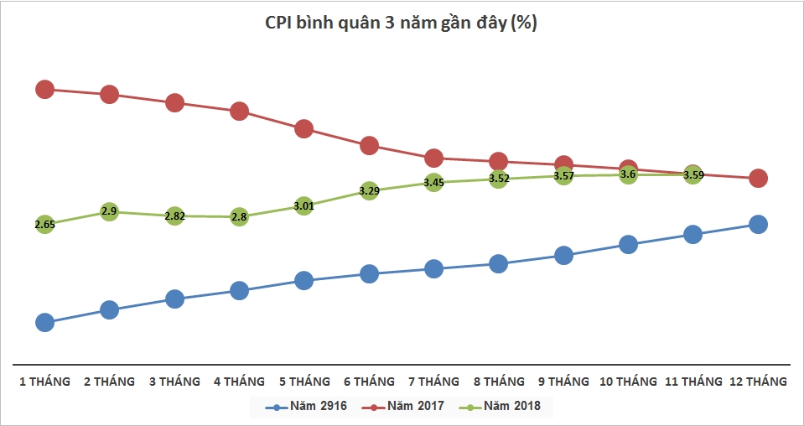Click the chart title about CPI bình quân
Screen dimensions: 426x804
(402, 24)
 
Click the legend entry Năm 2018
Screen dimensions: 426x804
(503, 407)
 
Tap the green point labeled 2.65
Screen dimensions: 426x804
(45, 224)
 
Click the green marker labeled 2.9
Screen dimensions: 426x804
(109, 211)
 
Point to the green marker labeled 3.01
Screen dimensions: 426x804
(303, 205)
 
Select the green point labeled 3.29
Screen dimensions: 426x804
(369, 190)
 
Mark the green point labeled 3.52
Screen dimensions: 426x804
(498, 178)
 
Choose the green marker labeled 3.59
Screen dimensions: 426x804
(692, 174)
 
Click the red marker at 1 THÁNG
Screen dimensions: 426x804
(45, 89)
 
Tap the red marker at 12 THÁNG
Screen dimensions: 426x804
(758, 178)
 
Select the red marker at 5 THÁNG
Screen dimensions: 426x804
(303, 128)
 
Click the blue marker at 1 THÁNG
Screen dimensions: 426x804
(45, 322)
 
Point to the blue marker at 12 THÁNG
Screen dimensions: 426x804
(758, 224)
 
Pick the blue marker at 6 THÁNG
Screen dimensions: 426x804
(369, 273)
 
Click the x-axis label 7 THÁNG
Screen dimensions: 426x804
(433, 382)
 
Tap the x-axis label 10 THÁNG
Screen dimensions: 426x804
(628, 382)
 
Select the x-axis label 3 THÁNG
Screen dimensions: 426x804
(174, 382)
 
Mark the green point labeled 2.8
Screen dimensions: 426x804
(239, 217)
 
